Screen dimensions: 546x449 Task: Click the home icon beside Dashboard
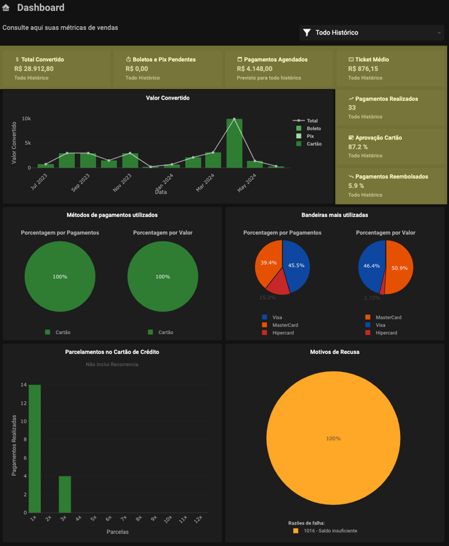(7, 8)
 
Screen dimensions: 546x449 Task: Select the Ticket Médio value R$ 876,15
(364, 68)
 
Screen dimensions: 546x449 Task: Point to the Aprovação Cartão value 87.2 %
(358, 147)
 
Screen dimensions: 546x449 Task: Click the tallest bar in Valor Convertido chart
(234, 143)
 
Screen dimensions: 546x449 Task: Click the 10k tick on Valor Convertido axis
(26, 119)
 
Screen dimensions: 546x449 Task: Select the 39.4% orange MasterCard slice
(268, 261)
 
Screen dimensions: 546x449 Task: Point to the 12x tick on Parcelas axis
(198, 519)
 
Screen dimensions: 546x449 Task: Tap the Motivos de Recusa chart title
(334, 352)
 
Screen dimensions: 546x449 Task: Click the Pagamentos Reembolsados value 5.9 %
(356, 186)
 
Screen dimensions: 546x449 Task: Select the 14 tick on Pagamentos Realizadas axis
(23, 385)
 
